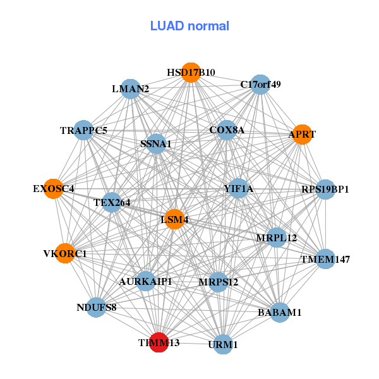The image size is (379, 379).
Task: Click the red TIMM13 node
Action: click(159, 342)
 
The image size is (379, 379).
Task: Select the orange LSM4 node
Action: click(175, 219)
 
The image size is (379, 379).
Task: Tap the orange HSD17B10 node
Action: click(191, 73)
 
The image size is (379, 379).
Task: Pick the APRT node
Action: click(302, 135)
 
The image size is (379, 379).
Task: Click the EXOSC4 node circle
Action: click(54, 189)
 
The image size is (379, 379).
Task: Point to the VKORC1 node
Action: click(65, 253)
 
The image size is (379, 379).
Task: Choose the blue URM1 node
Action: click(223, 344)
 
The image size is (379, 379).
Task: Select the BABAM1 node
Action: click(280, 312)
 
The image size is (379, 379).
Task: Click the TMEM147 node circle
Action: click(325, 259)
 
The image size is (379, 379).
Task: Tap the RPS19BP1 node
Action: click(325, 189)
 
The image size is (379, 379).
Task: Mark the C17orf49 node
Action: click(260, 85)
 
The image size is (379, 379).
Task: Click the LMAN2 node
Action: click(131, 89)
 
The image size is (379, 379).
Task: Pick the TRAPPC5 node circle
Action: click(83, 130)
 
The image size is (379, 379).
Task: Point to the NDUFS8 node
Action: click(96, 308)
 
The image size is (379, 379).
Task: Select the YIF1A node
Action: click(238, 188)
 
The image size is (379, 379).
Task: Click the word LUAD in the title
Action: click(167, 26)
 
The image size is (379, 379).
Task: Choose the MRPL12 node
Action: click(277, 238)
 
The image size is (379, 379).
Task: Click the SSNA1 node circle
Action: click(156, 144)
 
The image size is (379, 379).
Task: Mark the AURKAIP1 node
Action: click(146, 281)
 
